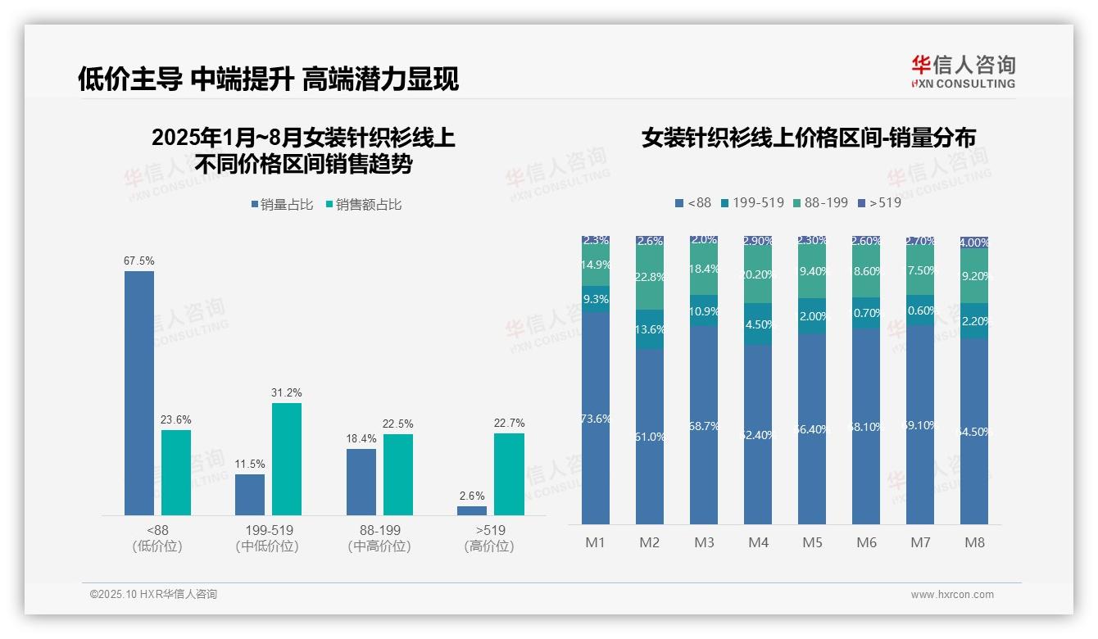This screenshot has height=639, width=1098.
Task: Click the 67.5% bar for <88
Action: (x=139, y=393)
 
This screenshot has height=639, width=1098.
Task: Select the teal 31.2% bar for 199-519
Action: (x=287, y=459)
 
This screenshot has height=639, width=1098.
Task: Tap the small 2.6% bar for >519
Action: (x=472, y=510)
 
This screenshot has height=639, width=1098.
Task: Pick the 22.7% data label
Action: (x=510, y=423)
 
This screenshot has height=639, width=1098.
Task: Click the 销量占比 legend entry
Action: (x=282, y=204)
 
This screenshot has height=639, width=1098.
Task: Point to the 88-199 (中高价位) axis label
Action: (x=379, y=537)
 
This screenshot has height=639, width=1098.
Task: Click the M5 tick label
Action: (x=812, y=542)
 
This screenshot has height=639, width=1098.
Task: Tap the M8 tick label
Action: (x=974, y=542)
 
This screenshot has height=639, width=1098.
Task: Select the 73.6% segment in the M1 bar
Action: (x=596, y=418)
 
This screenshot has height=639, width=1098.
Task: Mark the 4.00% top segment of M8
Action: (x=974, y=242)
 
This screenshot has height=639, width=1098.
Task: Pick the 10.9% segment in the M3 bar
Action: (x=704, y=311)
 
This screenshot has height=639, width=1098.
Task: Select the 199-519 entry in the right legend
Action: (x=752, y=202)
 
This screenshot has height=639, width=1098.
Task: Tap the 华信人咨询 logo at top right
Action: (x=963, y=71)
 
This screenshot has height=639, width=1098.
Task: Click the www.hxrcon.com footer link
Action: (x=952, y=595)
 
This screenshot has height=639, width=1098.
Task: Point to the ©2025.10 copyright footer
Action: (x=153, y=595)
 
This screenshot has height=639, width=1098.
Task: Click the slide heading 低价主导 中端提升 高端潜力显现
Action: (x=268, y=79)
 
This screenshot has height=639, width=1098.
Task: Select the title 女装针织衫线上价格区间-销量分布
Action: (x=809, y=138)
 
